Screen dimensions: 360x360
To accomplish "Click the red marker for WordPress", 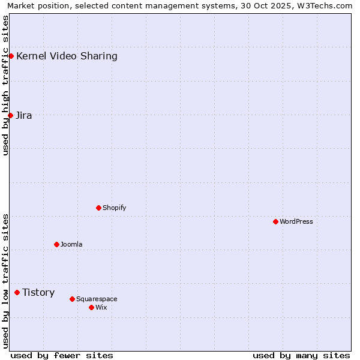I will (275, 221).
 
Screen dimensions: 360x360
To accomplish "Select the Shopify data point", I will (98, 208).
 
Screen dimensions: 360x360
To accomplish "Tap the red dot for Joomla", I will (56, 244).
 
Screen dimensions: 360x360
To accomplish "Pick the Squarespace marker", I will (72, 299).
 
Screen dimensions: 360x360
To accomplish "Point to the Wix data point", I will (91, 307).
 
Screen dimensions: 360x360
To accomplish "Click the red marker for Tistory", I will (17, 292).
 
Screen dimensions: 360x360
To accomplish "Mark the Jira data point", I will (10, 115).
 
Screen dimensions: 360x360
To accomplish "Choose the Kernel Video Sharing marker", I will (11, 56).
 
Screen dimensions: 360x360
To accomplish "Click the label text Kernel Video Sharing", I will (67, 56).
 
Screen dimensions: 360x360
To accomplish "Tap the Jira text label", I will (24, 116).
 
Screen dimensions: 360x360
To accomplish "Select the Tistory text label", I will (38, 293).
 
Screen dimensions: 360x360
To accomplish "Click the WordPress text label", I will (296, 221).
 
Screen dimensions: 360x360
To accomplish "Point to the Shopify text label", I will (114, 208).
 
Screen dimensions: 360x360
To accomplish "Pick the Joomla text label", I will (71, 244).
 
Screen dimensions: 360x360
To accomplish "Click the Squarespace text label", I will (97, 299).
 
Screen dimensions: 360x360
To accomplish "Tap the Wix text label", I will (101, 307).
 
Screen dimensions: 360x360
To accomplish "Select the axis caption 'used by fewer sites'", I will (62, 355).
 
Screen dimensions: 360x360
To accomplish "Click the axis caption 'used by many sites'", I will (301, 355).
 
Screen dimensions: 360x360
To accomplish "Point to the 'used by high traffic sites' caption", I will (5, 85).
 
